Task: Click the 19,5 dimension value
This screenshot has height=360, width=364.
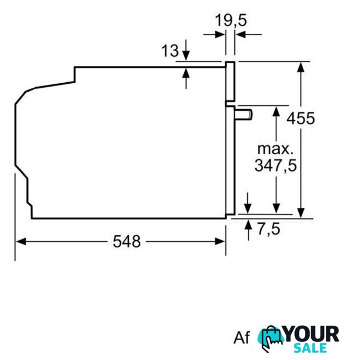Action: (x=231, y=20)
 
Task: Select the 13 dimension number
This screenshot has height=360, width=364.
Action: (x=170, y=51)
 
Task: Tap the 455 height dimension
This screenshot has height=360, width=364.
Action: (x=301, y=118)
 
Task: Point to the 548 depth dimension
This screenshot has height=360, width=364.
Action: (x=127, y=241)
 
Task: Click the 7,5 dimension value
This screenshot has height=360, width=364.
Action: (x=269, y=229)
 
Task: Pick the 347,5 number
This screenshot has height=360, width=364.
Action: (x=276, y=165)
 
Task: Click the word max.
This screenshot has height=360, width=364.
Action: (x=276, y=149)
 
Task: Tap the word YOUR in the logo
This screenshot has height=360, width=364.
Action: (x=311, y=334)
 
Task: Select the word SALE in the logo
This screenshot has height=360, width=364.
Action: (x=310, y=348)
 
